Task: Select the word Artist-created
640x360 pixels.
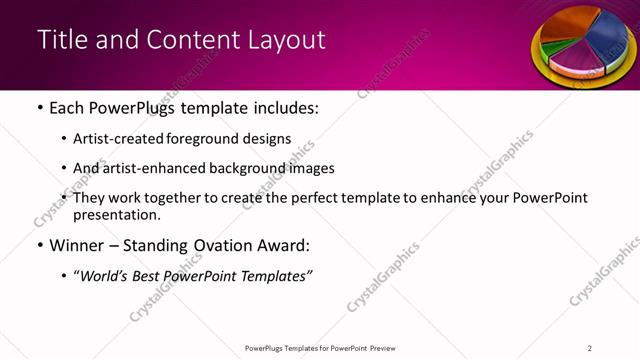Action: pyautogui.click(x=116, y=139)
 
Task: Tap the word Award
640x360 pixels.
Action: pyautogui.click(x=287, y=245)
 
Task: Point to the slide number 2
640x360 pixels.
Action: pyautogui.click(x=590, y=348)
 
